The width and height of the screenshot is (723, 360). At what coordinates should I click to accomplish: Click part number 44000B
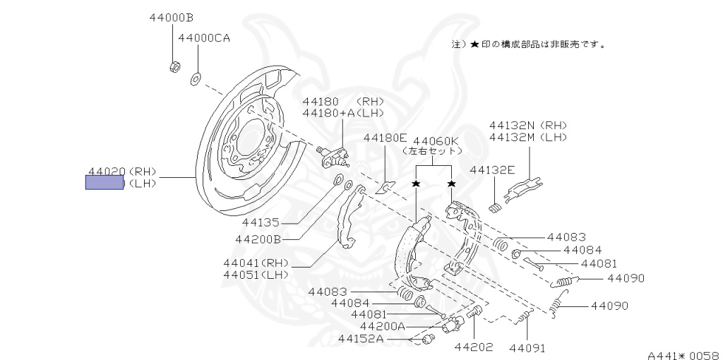(172, 17)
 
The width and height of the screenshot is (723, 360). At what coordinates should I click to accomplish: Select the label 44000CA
(204, 38)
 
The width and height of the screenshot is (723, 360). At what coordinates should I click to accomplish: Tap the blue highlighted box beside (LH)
(104, 184)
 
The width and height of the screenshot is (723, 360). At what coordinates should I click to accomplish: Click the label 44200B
(258, 239)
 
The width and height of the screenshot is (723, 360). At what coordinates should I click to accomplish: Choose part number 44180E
(386, 138)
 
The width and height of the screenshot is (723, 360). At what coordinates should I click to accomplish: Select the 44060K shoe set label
(436, 140)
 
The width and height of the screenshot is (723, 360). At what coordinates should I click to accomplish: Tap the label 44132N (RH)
(528, 125)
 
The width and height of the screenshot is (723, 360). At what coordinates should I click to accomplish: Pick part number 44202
(473, 347)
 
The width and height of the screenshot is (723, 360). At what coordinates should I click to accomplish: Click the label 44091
(527, 348)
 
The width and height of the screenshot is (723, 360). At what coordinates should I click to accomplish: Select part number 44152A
(360, 339)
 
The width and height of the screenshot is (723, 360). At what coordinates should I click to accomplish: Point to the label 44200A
(383, 326)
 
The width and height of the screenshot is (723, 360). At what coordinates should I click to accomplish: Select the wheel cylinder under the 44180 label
(333, 155)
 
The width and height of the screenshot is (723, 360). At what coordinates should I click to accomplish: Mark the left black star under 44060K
(417, 184)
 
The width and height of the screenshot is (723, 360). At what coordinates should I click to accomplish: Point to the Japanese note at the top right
(529, 44)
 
